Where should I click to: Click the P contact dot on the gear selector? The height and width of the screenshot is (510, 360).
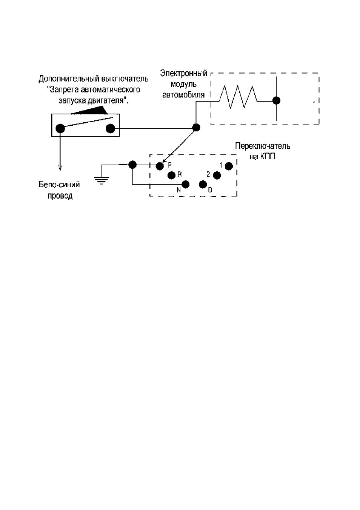160,166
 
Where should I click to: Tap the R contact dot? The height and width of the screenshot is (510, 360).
171,175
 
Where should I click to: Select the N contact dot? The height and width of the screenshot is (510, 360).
186,185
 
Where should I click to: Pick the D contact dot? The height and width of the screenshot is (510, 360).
203,185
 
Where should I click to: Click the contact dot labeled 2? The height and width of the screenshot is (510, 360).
217,175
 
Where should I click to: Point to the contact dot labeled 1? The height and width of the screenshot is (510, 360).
229,166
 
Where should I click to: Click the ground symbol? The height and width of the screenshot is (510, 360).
102,180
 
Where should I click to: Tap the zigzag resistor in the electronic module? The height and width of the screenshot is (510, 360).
238,97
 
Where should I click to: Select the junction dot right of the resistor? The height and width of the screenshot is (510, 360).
276,100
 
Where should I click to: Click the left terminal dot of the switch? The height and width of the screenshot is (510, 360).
60,128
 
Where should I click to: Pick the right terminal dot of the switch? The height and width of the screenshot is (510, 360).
110,128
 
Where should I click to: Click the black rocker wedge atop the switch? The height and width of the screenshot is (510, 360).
91,111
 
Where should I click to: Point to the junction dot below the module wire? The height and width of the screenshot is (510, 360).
196,128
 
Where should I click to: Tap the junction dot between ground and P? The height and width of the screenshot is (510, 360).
132,164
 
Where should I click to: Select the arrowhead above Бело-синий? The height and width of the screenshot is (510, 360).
60,167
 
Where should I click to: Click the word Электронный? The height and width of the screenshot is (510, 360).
184,74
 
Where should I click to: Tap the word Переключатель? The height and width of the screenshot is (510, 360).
263,146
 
